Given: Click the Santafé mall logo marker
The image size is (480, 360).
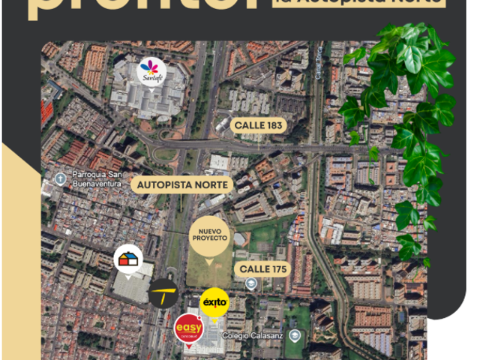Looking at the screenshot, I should [153, 72].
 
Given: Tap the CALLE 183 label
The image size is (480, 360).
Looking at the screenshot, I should [259, 125].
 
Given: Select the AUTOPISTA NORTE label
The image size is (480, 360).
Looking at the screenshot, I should [183, 183].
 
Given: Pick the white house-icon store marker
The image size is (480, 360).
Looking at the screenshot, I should [129, 260].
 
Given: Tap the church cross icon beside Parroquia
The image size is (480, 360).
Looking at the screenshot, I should [60, 178].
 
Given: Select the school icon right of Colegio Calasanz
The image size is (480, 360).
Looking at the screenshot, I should [295, 334].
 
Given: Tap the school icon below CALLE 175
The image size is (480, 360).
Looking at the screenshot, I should [250, 283].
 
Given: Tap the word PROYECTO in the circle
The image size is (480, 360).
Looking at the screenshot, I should [209, 237].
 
